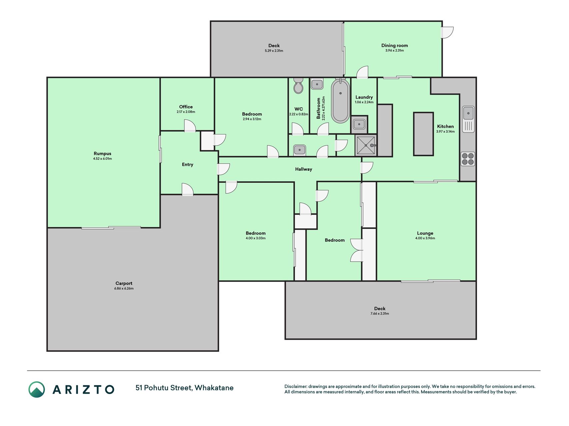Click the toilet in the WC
tap(298, 86)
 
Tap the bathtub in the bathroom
tap(340, 101)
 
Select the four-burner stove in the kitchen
tap(468, 159)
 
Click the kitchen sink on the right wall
tap(468, 119)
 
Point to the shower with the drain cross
tap(366, 145)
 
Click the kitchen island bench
tap(423, 134)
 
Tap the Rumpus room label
tap(102, 153)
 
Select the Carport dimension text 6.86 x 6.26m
tap(124, 289)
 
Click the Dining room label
tap(395, 46)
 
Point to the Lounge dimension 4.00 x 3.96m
tap(425, 238)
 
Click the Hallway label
tap(304, 169)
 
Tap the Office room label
tap(186, 107)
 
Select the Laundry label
tap(364, 97)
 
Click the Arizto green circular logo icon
tap(36, 389)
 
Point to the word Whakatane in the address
tap(214, 388)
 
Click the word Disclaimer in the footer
tap(296, 386)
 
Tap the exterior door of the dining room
tap(447, 32)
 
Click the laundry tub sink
tap(359, 124)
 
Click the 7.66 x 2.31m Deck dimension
tap(380, 314)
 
